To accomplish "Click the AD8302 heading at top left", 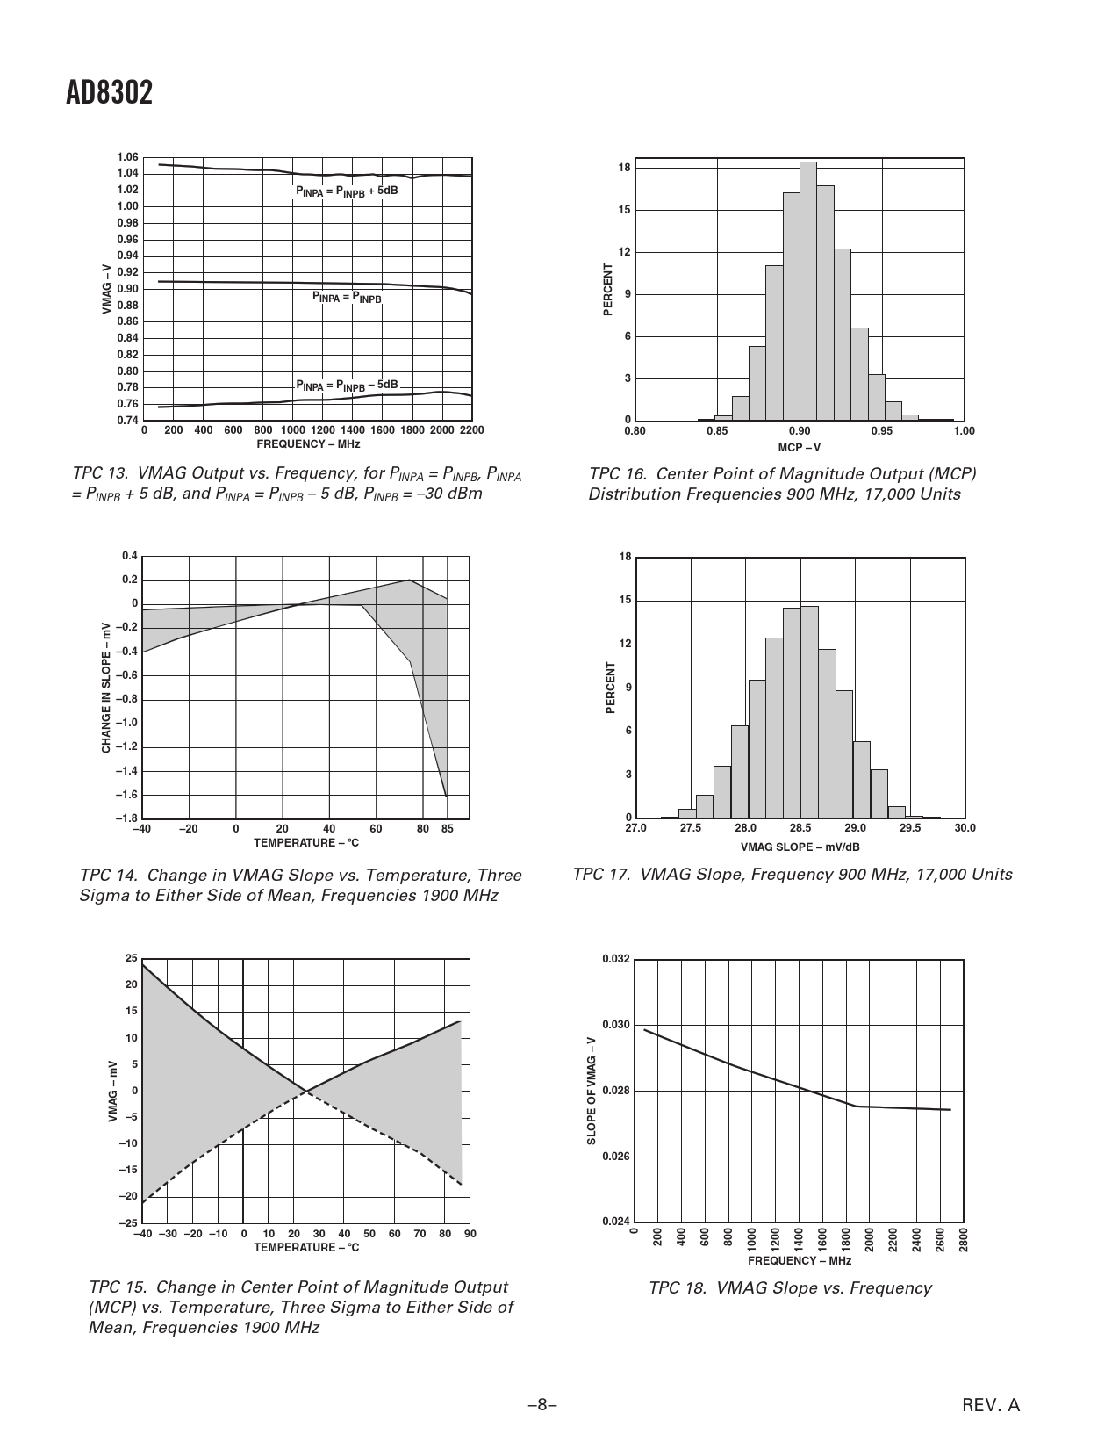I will (109, 93).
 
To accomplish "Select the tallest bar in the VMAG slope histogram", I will (808, 711).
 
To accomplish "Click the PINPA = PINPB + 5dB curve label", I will (347, 191).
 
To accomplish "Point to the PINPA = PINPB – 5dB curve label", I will (347, 386).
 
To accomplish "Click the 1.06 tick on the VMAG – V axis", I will (127, 157).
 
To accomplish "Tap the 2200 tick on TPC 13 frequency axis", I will (471, 430).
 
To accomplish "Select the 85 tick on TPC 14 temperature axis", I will (447, 828).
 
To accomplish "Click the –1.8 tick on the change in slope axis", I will (128, 818).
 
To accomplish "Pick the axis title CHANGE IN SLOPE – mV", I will (106, 687).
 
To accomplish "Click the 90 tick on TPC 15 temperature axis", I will (470, 1234).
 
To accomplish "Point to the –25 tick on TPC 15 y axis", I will (128, 1223).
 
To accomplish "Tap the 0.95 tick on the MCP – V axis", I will (881, 431).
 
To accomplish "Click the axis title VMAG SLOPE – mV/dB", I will (800, 847).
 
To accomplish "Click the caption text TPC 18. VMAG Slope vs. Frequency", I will (789, 1288).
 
